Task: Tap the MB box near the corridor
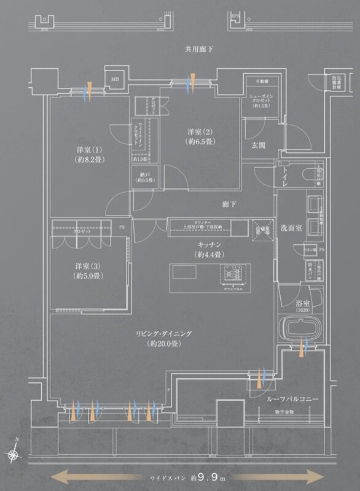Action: tap(115, 79)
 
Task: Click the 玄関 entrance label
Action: tap(258, 145)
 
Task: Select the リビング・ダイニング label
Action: tap(164, 339)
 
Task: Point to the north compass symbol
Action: tap(14, 453)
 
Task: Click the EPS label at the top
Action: tap(235, 17)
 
